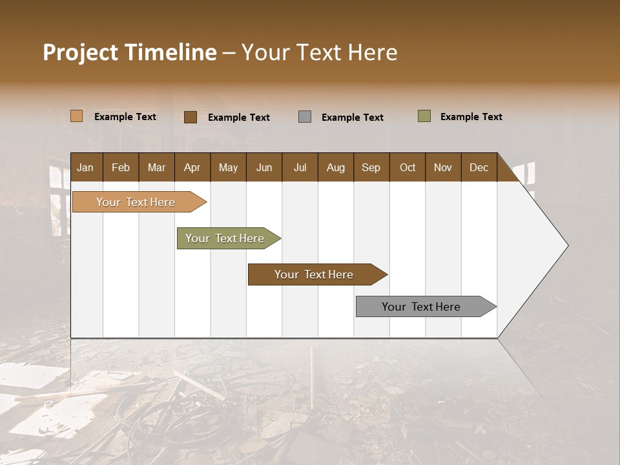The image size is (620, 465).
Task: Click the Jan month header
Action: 85,167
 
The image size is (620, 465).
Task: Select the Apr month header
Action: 192,167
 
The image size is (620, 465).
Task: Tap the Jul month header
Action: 300,167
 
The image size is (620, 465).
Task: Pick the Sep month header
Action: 371,167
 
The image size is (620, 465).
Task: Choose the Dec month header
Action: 479,167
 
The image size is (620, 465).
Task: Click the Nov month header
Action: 442,167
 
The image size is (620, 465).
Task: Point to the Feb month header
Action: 121,167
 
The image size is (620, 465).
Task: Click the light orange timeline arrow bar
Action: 136,202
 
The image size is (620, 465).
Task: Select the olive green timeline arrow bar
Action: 225,238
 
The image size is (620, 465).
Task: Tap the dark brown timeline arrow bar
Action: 315,274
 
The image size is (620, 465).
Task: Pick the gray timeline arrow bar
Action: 422,307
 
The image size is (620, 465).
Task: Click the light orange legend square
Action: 76,116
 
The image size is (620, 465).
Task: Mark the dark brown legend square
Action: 190,117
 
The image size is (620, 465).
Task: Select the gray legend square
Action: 305,117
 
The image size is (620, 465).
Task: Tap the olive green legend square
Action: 424,116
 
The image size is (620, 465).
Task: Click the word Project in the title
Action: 80,52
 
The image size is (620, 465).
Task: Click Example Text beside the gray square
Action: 352,117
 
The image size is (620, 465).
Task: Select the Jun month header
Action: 263,167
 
